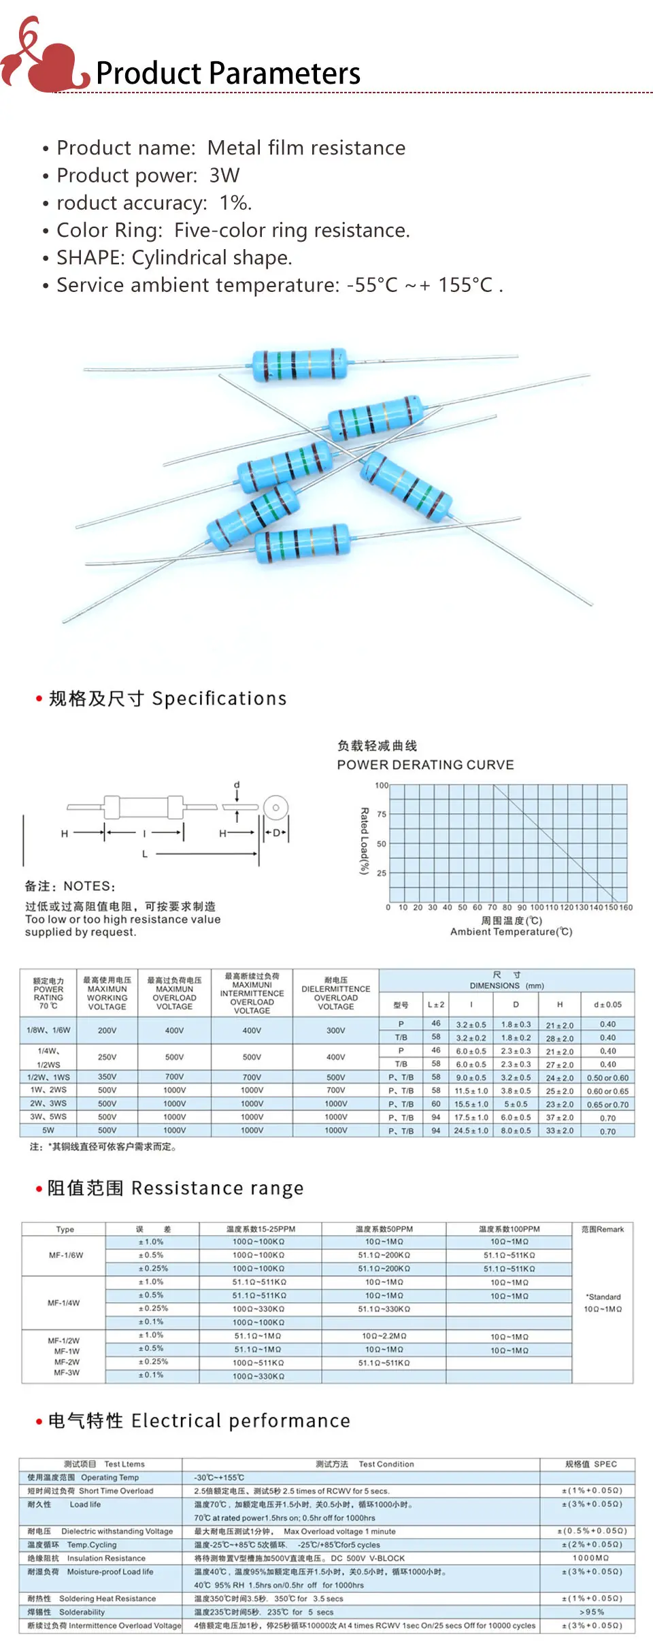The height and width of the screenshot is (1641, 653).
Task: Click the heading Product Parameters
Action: tap(228, 74)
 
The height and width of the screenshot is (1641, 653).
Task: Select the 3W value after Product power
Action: tap(224, 176)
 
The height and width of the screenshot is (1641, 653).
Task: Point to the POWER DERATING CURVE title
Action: tap(425, 764)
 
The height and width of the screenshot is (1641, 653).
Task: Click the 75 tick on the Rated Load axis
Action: tap(382, 814)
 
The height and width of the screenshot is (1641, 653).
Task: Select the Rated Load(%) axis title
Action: tap(364, 841)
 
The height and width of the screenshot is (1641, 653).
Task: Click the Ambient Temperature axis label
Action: tap(511, 932)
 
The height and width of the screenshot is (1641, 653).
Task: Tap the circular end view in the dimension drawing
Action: tap(275, 808)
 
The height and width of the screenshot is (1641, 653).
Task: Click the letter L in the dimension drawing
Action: tap(145, 854)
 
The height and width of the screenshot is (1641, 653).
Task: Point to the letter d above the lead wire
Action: tap(237, 785)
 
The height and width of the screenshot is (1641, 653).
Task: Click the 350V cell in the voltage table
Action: tap(107, 1077)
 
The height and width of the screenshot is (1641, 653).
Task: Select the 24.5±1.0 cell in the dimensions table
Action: tap(471, 1131)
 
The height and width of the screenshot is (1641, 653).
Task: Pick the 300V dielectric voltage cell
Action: tap(335, 1030)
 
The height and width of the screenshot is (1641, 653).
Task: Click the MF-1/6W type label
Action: tap(65, 1255)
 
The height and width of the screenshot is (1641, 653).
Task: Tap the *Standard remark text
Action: tap(603, 1297)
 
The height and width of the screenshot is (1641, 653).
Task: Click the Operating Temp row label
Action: tap(110, 1478)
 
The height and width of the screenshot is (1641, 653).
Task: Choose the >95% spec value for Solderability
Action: tap(591, 1612)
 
